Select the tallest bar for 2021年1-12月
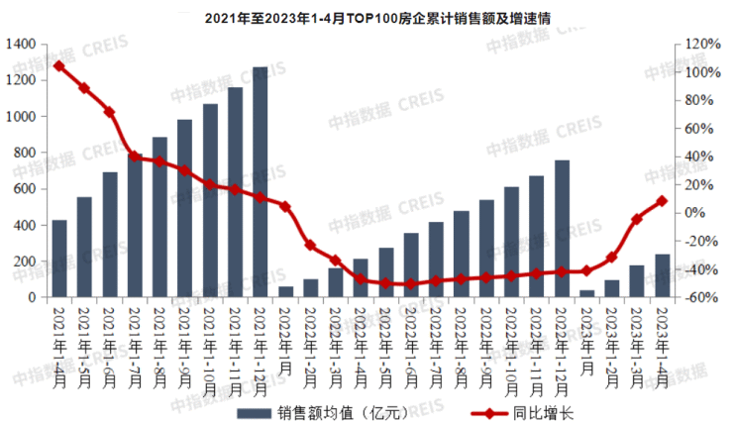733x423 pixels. click(x=261, y=182)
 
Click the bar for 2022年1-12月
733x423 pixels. click(x=562, y=228)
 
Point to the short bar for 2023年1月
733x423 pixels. click(x=587, y=293)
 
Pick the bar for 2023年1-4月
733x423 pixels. click(x=663, y=275)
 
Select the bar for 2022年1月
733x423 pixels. click(x=285, y=292)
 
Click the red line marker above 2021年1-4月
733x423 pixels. click(x=59, y=66)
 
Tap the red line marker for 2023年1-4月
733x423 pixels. click(x=663, y=201)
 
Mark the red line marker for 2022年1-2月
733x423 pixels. click(x=310, y=245)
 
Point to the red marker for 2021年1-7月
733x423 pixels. click(x=135, y=157)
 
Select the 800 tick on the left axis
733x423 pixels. click(x=27, y=154)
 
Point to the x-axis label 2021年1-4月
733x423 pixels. click(x=59, y=337)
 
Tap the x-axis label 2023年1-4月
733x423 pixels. click(x=663, y=337)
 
